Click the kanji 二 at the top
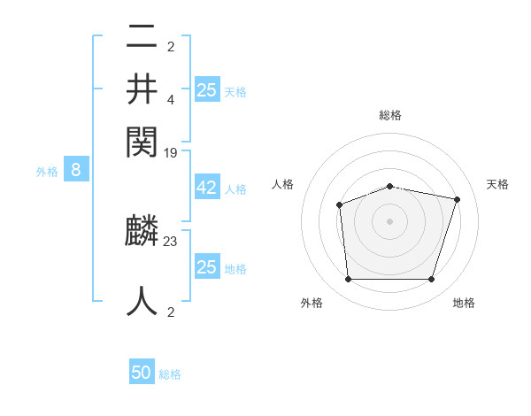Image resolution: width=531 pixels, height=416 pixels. coord(142,38)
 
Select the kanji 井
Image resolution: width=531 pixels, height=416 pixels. coord(142,89)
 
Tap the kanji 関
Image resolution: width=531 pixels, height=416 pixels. coord(142,141)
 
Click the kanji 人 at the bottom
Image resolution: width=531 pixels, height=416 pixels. coord(142,300)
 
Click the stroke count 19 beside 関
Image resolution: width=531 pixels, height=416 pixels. coord(171,152)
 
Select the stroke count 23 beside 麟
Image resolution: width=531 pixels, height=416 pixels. coord(171,240)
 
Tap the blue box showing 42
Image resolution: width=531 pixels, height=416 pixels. coord(206,189)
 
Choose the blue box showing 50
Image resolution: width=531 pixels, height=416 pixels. coord(142,373)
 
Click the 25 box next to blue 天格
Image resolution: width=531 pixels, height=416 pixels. coord(206,90)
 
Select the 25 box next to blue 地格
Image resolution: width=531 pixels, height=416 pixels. coord(206,267)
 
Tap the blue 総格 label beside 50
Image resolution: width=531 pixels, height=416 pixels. coord(170,374)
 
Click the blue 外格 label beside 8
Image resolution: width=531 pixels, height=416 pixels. coord(47,172)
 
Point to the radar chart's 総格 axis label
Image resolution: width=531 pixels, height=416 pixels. coord(389,115)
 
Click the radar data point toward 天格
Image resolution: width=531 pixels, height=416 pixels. coord(457,199)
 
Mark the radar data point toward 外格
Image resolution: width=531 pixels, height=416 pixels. coord(348,280)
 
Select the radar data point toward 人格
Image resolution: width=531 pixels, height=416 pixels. coord(340,205)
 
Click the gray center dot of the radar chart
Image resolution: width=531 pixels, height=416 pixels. coord(389,221)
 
